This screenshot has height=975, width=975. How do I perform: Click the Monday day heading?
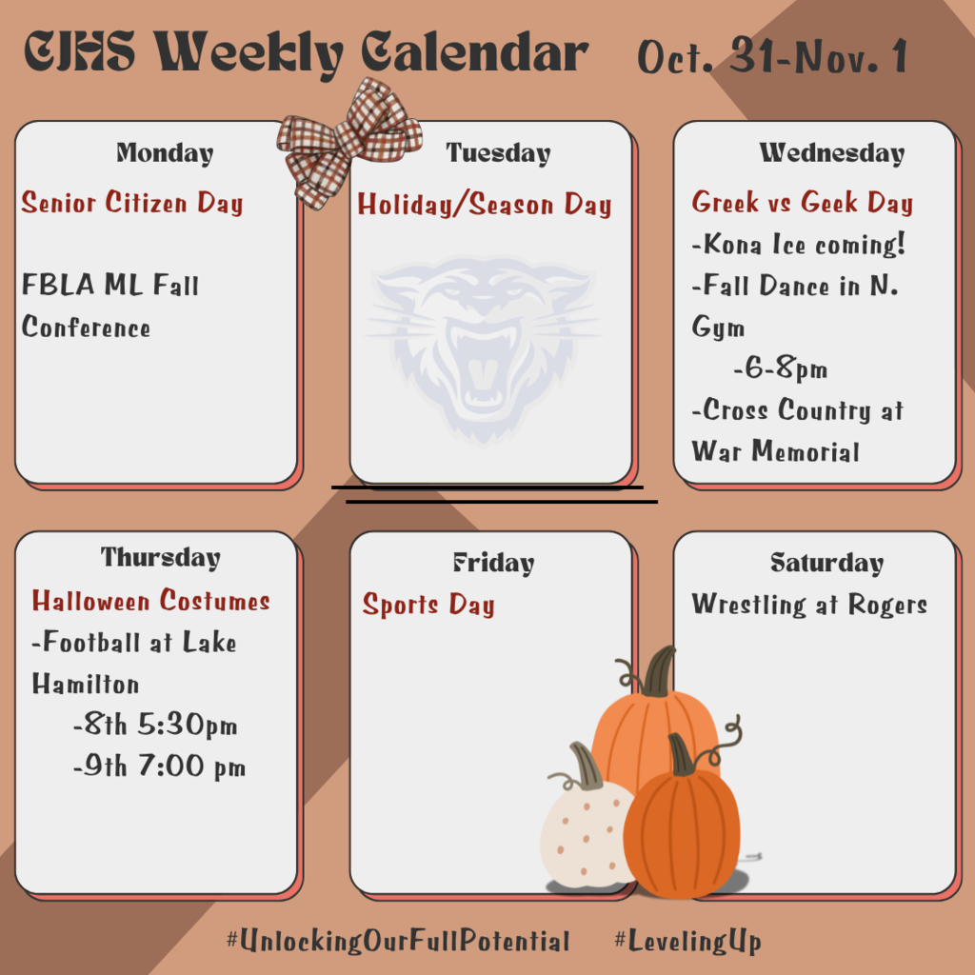pyautogui.click(x=165, y=152)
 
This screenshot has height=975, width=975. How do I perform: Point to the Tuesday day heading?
pyautogui.click(x=498, y=152)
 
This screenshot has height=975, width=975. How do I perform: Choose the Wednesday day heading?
pyautogui.click(x=831, y=152)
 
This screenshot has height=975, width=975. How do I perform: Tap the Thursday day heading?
pyautogui.click(x=160, y=557)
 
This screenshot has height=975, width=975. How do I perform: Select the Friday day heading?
pyautogui.click(x=493, y=563)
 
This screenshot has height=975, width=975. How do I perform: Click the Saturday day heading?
pyautogui.click(x=826, y=563)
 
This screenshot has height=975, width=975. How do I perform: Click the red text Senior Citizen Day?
pyautogui.click(x=132, y=203)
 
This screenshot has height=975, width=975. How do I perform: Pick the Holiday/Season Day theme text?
pyautogui.click(x=485, y=205)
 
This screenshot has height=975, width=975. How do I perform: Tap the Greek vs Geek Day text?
pyautogui.click(x=803, y=203)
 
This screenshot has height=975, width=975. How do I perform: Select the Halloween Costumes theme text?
pyautogui.click(x=151, y=601)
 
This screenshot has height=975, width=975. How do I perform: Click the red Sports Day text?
pyautogui.click(x=428, y=606)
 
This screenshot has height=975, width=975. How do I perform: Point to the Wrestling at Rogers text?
pyautogui.click(x=809, y=605)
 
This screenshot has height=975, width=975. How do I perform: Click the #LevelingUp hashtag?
pyautogui.click(x=687, y=942)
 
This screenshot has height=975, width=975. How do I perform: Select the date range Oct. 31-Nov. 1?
pyautogui.click(x=772, y=57)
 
